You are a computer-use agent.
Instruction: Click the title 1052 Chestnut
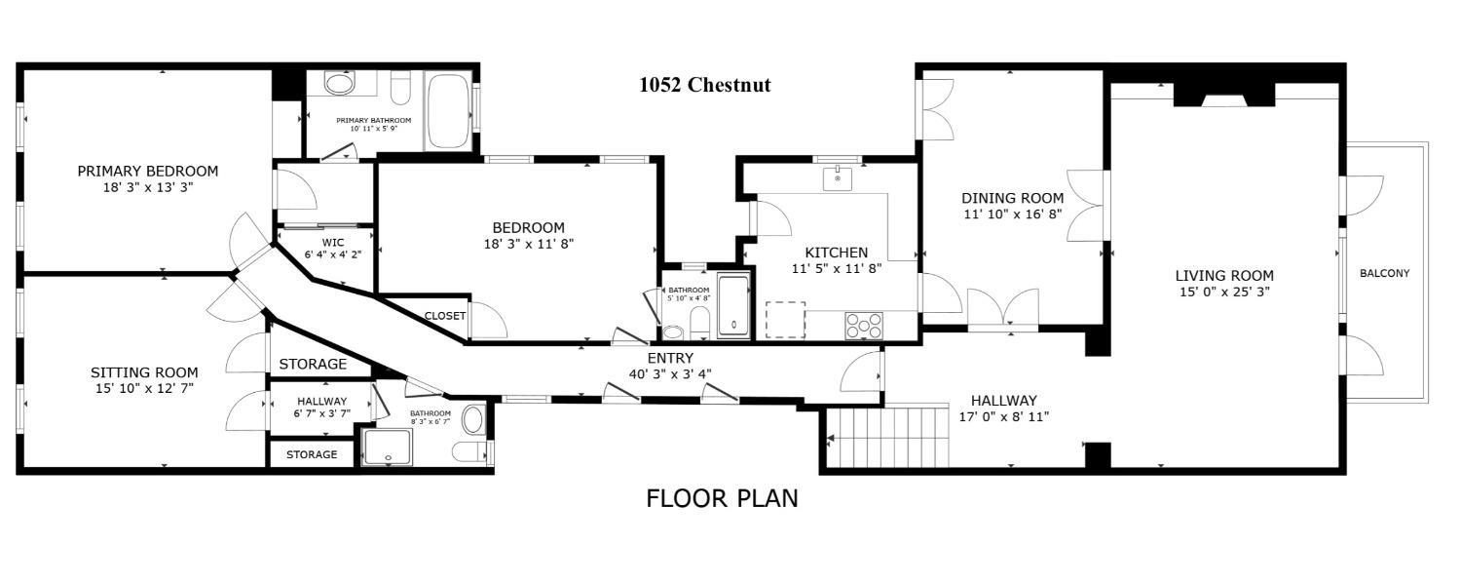click(705, 85)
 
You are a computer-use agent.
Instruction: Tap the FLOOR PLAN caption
click(722, 499)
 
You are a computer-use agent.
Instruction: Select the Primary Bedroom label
click(148, 171)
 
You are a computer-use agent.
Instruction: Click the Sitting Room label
click(144, 372)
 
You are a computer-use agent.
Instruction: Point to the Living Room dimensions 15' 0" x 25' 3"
click(1225, 292)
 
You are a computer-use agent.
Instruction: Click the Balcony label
click(1385, 274)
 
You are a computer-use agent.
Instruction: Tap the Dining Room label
click(1013, 198)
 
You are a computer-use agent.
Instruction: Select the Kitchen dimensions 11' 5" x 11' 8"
click(837, 268)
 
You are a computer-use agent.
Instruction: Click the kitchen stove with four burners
click(864, 325)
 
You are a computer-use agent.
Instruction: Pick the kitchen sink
click(838, 178)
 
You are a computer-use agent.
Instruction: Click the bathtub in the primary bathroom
click(449, 112)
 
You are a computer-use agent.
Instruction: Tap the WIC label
click(333, 243)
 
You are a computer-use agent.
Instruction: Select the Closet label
click(445, 316)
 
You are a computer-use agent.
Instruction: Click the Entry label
click(670, 359)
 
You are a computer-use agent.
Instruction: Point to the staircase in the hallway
click(887, 436)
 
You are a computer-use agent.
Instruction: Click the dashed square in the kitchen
click(785, 320)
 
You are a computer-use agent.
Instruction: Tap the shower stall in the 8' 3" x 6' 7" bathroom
click(388, 448)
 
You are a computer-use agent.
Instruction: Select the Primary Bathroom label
click(374, 121)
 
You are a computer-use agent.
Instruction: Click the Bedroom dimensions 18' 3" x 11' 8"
click(528, 244)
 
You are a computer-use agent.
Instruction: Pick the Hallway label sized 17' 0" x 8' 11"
click(1004, 401)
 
